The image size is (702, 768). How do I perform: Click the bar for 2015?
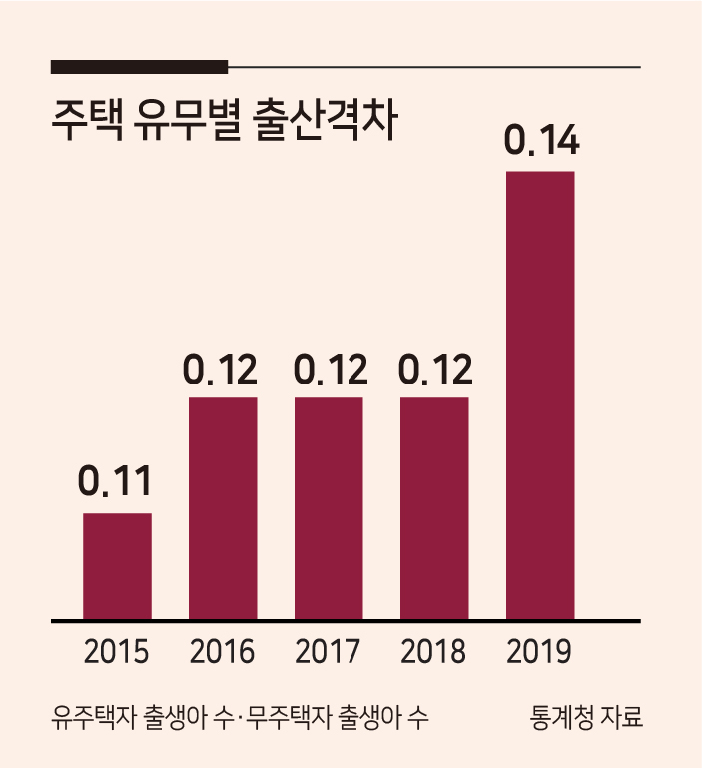click(117, 566)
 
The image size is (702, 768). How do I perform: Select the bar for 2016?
click(223, 508)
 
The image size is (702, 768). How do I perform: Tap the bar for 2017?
click(329, 508)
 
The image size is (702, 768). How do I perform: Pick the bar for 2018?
click(434, 508)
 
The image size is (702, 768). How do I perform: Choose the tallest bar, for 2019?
click(540, 395)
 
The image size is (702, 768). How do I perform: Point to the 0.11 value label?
click(115, 481)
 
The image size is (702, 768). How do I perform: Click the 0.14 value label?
click(542, 140)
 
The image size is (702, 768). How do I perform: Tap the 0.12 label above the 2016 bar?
click(220, 369)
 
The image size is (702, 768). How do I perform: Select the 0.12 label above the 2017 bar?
click(331, 369)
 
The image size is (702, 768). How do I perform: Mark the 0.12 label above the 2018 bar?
click(435, 369)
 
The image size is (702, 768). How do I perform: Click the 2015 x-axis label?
click(116, 651)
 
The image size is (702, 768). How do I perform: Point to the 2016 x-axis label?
click(222, 651)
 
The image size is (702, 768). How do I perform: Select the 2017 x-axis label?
click(328, 651)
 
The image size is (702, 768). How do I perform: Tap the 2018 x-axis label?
click(433, 651)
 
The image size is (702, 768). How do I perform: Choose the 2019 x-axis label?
click(539, 651)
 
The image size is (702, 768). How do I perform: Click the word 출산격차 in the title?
click(326, 121)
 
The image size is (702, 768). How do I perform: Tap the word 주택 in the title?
click(88, 121)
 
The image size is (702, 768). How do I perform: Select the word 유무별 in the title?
click(188, 121)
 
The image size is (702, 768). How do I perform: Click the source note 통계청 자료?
click(586, 717)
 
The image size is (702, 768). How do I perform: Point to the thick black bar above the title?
click(139, 67)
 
